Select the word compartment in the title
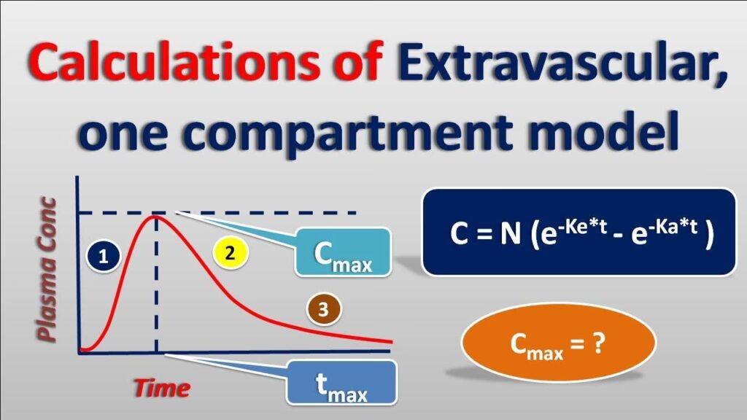tap(348, 131)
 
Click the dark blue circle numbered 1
tap(103, 257)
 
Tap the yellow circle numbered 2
tap(230, 253)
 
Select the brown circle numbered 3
tap(324, 309)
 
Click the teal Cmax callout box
tap(343, 252)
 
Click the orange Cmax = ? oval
tap(558, 343)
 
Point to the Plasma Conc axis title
tap(47, 269)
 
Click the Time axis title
tap(162, 388)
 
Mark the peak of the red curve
tap(155, 217)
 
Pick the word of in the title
tap(359, 62)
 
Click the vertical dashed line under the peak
tap(156, 285)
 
